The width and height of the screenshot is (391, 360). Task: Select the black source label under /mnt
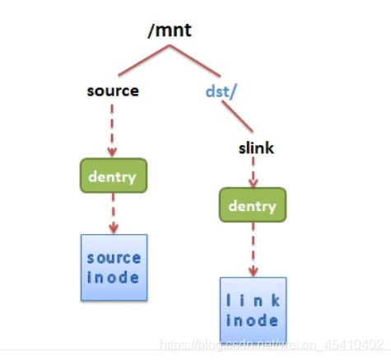click(x=113, y=91)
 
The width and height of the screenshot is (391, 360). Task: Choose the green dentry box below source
click(x=113, y=175)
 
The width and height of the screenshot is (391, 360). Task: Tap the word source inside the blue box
click(x=114, y=258)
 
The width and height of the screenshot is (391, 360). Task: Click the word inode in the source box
click(x=114, y=277)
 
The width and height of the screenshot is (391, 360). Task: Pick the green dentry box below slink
click(x=252, y=206)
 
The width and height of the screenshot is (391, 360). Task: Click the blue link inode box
click(x=252, y=308)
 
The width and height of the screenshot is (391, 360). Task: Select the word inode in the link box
click(x=252, y=320)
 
